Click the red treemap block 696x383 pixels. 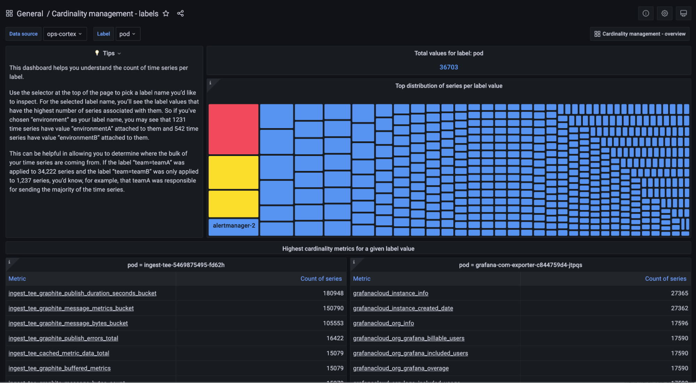pyautogui.click(x=233, y=129)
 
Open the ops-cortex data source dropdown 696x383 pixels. pyautogui.click(x=65, y=34)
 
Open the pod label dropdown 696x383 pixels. pyautogui.click(x=127, y=34)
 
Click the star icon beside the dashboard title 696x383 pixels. pyautogui.click(x=166, y=14)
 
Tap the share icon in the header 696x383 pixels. pyautogui.click(x=180, y=14)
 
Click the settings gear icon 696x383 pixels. pyautogui.click(x=664, y=14)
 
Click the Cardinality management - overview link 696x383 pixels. pyautogui.click(x=640, y=34)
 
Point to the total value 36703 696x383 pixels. pyautogui.click(x=448, y=67)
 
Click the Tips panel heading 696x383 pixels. pyautogui.click(x=108, y=53)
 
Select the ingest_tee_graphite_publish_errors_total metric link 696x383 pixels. pyautogui.click(x=63, y=338)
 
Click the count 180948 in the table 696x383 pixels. pyautogui.click(x=333, y=293)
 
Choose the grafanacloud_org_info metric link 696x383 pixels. pyautogui.click(x=383, y=323)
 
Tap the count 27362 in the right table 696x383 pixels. pyautogui.click(x=679, y=308)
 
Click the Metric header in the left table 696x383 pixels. pyautogui.click(x=17, y=279)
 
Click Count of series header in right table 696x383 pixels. pyautogui.click(x=665, y=279)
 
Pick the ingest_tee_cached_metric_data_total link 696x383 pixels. pyautogui.click(x=59, y=353)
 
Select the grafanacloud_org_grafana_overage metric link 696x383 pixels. pyautogui.click(x=401, y=368)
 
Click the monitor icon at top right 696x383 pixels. pyautogui.click(x=683, y=14)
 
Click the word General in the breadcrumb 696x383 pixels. pyautogui.click(x=30, y=14)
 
